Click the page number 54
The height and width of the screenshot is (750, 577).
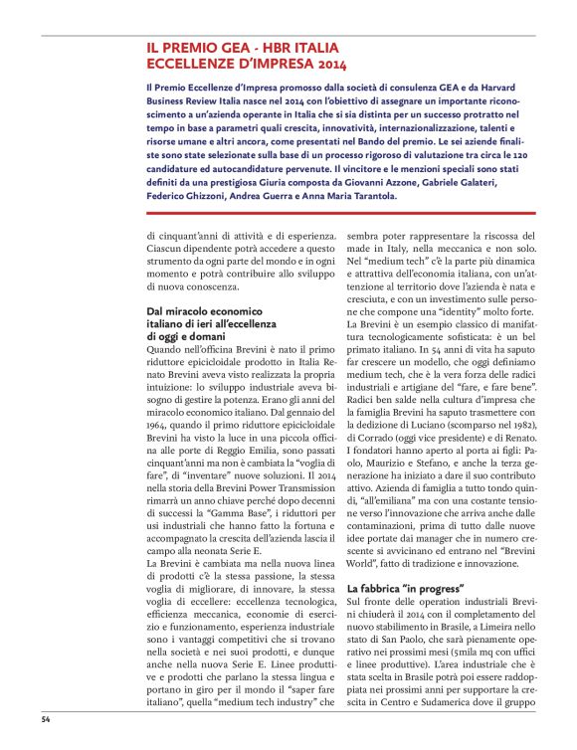coord(46,717)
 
